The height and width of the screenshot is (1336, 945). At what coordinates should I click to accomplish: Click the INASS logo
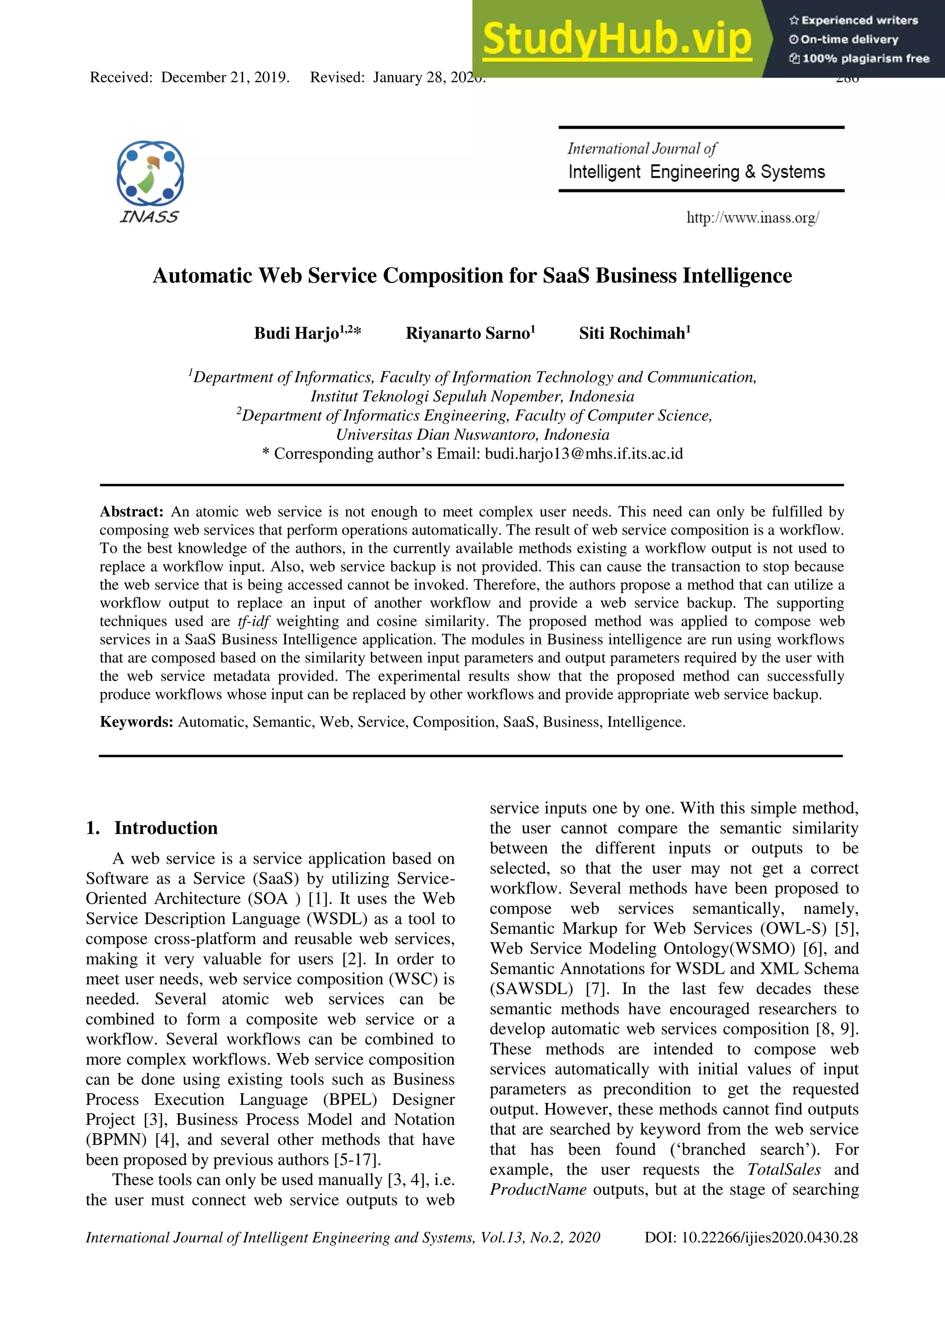coord(150,181)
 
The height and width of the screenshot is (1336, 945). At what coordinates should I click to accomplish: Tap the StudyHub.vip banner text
coord(617,39)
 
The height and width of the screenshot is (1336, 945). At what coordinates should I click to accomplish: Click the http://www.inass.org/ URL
coord(753,218)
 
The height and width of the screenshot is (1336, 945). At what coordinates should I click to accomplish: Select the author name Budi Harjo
coord(296,334)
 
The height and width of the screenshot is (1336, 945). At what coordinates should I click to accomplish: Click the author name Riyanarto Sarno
coord(468,334)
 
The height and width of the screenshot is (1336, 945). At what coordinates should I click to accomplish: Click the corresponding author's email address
coord(584,454)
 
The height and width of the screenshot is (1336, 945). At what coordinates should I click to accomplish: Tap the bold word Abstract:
coord(132,512)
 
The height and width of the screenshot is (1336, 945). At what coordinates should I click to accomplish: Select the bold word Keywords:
coord(136,722)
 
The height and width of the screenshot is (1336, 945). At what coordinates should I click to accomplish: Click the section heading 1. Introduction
coord(152,828)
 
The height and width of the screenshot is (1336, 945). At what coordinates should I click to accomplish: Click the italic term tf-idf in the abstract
coord(253,621)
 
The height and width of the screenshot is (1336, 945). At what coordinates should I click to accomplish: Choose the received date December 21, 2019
coord(225,78)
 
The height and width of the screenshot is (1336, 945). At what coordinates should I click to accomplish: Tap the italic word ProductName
coord(538,1189)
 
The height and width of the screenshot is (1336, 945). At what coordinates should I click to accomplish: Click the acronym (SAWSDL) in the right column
coord(531,989)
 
